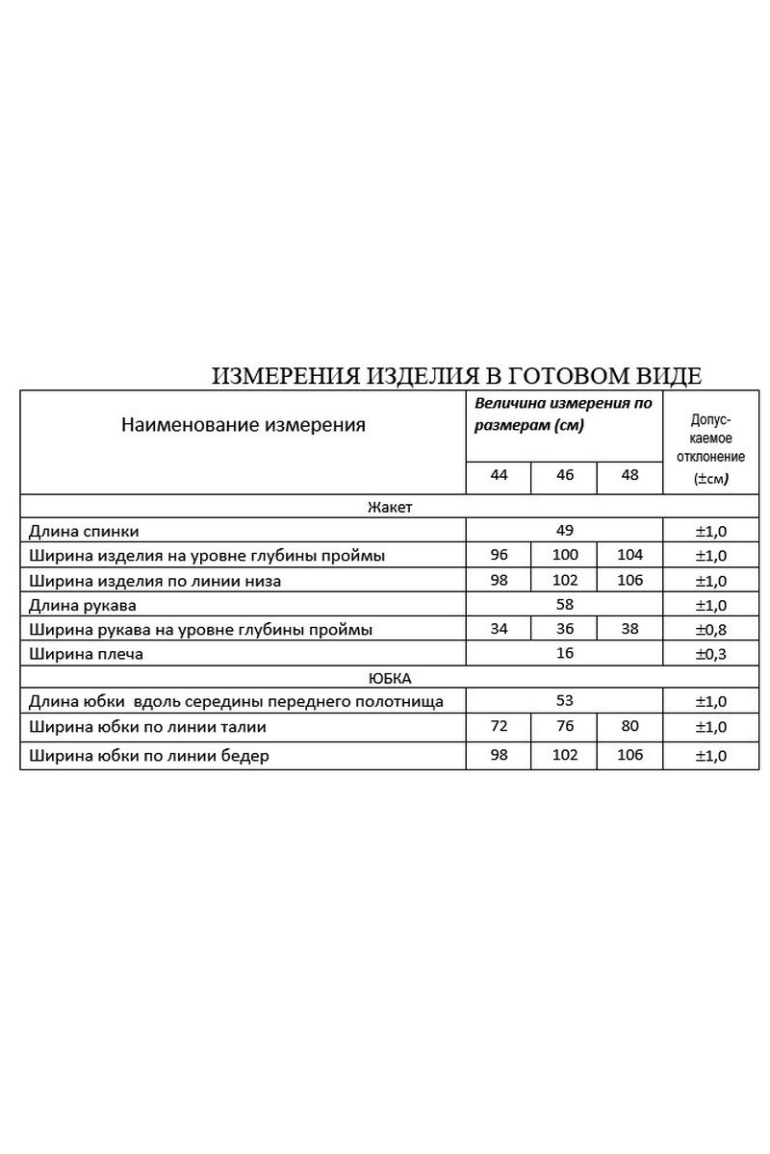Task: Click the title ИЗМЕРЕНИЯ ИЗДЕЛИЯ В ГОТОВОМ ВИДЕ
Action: coord(456,375)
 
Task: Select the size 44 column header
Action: coord(499,475)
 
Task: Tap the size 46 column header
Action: coord(564,475)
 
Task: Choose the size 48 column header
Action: coord(629,475)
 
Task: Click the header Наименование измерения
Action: coord(244,425)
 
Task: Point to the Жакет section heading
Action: coord(390,506)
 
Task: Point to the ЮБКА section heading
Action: coord(390,678)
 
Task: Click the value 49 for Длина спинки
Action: coord(564,530)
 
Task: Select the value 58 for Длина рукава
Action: coord(564,605)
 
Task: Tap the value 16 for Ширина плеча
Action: coord(564,654)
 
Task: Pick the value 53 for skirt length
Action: coord(564,701)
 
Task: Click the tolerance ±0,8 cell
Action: coord(711,630)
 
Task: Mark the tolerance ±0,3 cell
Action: coord(711,655)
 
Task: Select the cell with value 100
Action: coord(564,555)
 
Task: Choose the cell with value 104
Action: coord(629,555)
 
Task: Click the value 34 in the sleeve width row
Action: coord(499,629)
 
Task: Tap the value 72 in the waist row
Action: coord(499,726)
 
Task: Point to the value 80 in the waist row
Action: coord(629,726)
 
